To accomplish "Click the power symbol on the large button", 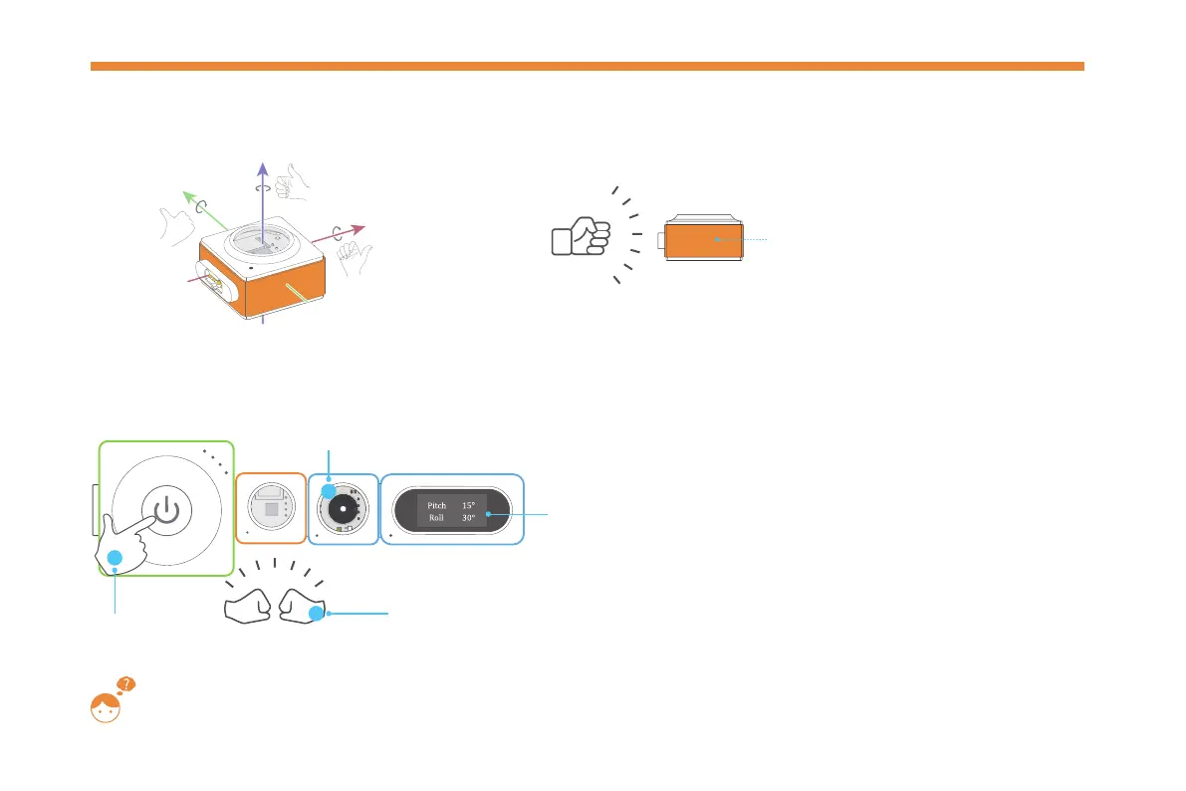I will pyautogui.click(x=167, y=511).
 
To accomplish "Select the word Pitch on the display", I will pyautogui.click(x=436, y=505).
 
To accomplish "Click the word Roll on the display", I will pyautogui.click(x=436, y=518).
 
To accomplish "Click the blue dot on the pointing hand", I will pyautogui.click(x=115, y=559).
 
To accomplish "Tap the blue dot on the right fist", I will pyautogui.click(x=316, y=614).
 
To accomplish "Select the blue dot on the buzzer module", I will pyautogui.click(x=328, y=491).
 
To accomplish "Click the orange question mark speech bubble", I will pyautogui.click(x=126, y=684).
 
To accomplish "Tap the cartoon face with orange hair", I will pyautogui.click(x=105, y=708).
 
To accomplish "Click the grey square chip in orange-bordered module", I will pyautogui.click(x=271, y=508).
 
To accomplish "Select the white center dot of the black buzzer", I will pyautogui.click(x=343, y=508).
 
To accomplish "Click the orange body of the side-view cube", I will pyautogui.click(x=703, y=240).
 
